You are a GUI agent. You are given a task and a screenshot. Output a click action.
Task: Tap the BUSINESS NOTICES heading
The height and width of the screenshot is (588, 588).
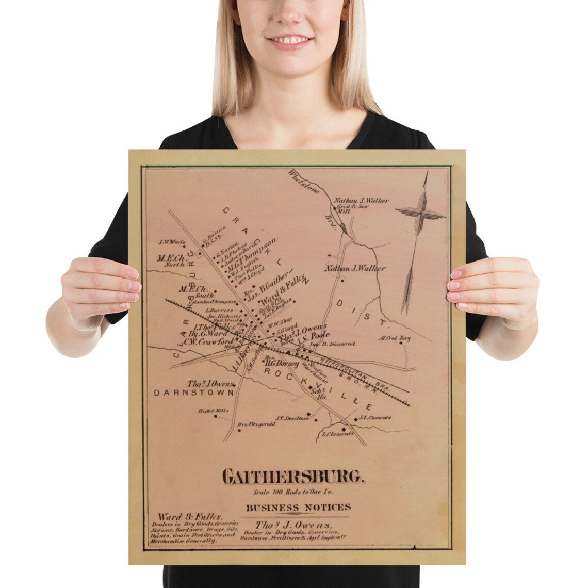tap(298, 508)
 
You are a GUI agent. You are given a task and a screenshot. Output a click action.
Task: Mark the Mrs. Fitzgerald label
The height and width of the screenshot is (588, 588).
tap(256, 424)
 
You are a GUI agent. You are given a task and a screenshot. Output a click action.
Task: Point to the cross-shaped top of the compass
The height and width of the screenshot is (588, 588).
tap(420, 211)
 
